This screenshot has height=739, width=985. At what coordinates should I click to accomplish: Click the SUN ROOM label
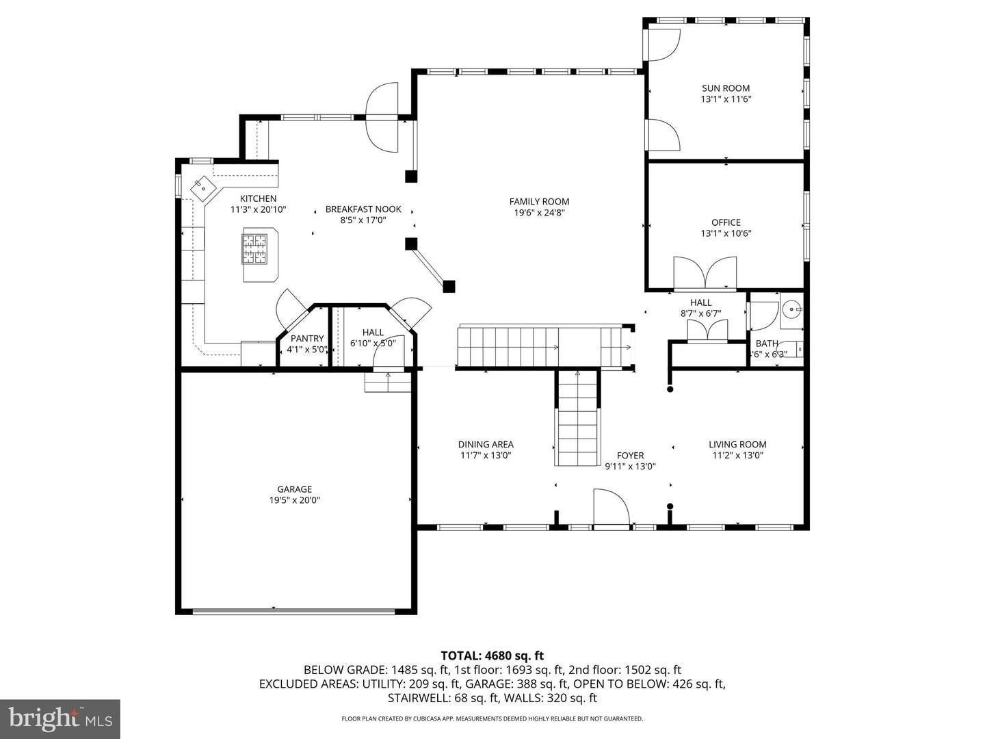tap(725, 88)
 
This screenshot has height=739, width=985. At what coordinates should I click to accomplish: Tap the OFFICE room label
tap(725, 222)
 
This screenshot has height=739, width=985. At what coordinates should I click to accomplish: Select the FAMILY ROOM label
tap(539, 201)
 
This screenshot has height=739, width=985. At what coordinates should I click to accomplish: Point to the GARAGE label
tap(294, 489)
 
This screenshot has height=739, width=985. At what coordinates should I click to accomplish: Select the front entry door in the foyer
tap(611, 510)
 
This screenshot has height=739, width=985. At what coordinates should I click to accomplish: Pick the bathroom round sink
tap(791, 310)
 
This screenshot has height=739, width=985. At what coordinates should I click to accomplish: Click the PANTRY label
tap(307, 339)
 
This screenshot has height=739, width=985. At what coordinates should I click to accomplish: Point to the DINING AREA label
tap(486, 444)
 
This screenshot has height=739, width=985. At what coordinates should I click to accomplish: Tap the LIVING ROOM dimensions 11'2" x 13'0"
tap(737, 455)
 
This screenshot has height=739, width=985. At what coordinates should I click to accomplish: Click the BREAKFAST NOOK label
tap(363, 209)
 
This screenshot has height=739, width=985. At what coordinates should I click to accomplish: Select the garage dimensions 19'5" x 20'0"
tap(294, 500)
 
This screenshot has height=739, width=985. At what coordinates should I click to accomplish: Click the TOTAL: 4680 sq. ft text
tap(492, 656)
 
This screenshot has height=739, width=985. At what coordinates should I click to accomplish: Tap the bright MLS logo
tap(60, 718)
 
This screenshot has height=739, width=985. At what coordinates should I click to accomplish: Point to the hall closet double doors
tap(707, 331)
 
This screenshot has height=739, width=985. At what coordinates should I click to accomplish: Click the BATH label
tap(766, 343)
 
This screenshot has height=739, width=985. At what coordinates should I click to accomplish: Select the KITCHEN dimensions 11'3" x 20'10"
tap(258, 210)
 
